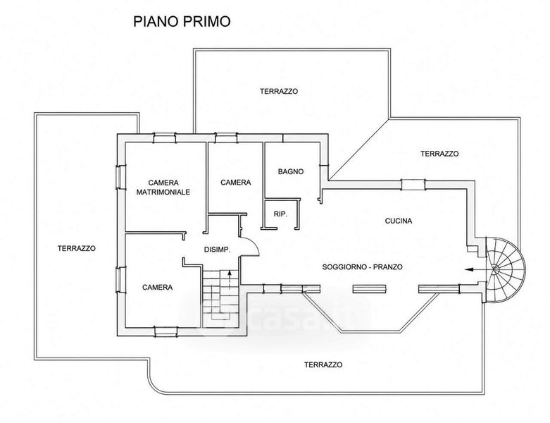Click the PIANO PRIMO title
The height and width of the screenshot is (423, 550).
(x=182, y=21)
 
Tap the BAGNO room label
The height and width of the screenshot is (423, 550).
(x=291, y=171)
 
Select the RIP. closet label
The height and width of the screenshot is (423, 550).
(x=280, y=214)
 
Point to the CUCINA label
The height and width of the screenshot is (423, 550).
(x=399, y=221)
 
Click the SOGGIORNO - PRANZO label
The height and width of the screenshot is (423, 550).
(x=363, y=266)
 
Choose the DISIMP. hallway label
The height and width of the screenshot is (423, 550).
(x=217, y=250)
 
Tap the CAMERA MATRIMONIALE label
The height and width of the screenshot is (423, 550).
(x=163, y=188)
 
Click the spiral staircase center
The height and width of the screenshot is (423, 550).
(x=495, y=269)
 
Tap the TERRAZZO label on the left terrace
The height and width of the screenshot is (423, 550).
(x=77, y=248)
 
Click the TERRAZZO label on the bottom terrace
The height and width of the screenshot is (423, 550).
(x=323, y=364)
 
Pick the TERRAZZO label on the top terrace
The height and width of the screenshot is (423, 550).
(x=279, y=91)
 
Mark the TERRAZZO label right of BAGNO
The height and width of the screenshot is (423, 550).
(x=439, y=154)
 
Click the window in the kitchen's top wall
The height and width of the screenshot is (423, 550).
(x=413, y=185)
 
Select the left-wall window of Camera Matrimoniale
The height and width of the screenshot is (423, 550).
(x=121, y=177)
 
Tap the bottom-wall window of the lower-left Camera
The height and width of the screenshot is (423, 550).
(x=166, y=331)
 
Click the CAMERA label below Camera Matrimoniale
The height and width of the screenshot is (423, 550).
(x=158, y=287)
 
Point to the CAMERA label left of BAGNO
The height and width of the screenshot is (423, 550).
(x=236, y=183)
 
